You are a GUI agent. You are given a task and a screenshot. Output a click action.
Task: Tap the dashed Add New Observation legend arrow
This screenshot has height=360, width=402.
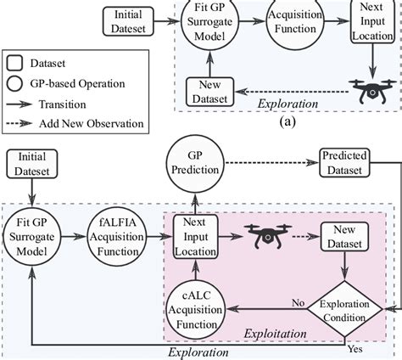point(20,124)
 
